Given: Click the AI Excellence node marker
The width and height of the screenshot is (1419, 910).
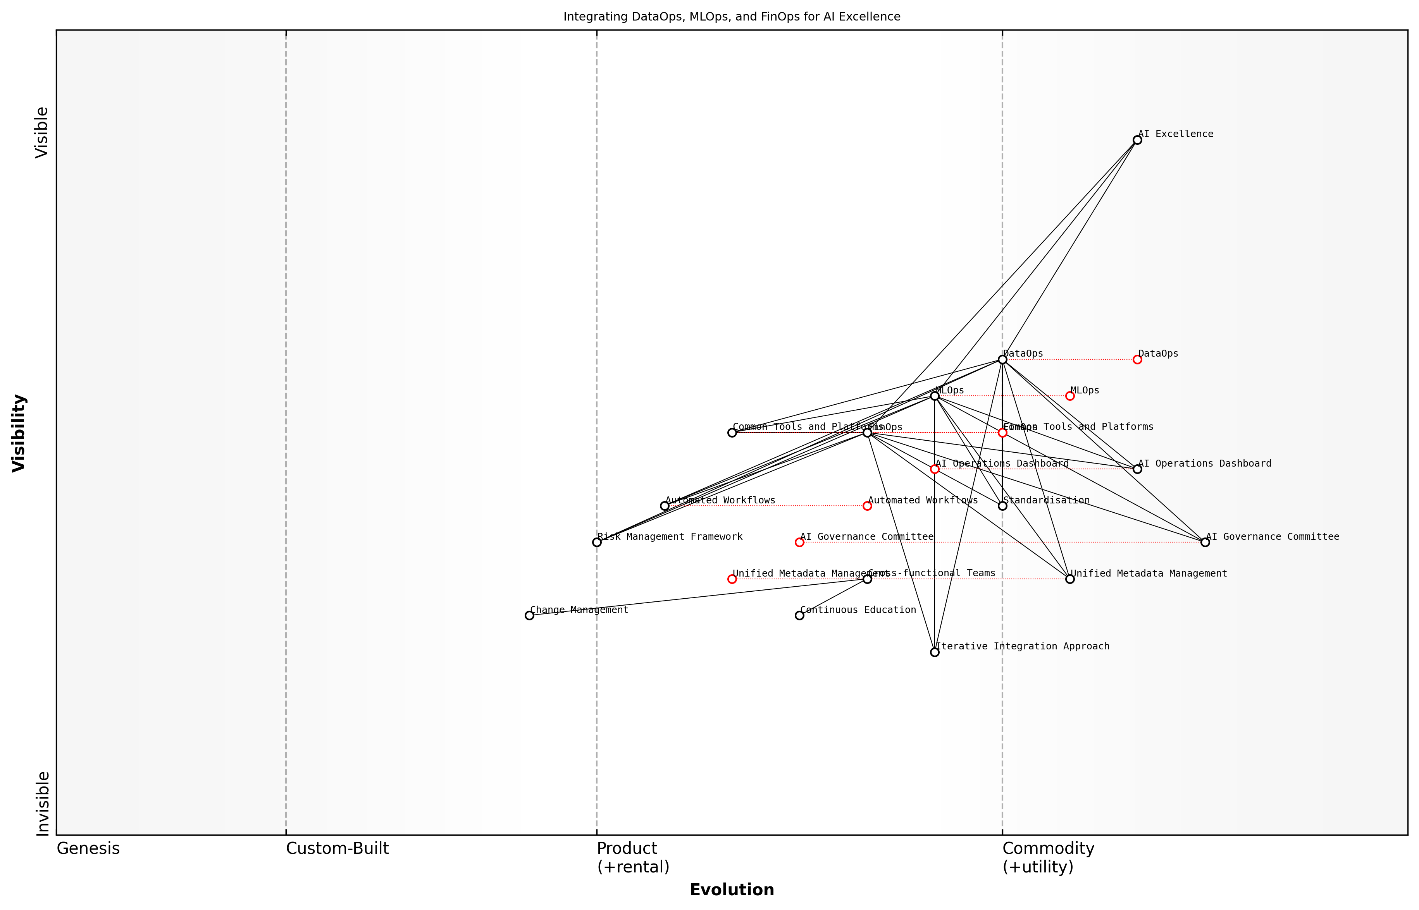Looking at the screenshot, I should click(1137, 140).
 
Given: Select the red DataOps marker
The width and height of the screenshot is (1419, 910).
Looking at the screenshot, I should click(1137, 359).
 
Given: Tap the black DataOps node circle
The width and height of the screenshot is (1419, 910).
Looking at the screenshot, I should click(1002, 359).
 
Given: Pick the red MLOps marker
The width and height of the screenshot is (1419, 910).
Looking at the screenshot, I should click(1069, 396).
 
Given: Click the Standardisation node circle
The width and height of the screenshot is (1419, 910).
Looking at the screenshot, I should click(1002, 506).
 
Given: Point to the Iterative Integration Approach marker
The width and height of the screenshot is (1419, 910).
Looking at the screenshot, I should click(935, 652).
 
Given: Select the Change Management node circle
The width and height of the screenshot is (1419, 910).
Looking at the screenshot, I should click(529, 616).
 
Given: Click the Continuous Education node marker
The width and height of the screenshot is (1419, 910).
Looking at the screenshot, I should click(799, 616).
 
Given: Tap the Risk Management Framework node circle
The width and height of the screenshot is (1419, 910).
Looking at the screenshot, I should click(597, 543).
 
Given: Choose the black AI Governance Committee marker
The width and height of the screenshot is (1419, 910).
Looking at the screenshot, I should click(1205, 543).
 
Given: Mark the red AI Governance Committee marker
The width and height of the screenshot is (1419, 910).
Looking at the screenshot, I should click(799, 543).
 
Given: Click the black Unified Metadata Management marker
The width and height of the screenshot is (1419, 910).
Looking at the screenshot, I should click(1069, 579).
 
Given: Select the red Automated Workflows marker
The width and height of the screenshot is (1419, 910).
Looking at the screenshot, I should click(867, 506).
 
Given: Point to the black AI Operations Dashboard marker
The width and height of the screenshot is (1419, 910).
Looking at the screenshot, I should click(1137, 469).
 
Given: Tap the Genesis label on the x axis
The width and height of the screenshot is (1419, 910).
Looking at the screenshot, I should click(88, 848).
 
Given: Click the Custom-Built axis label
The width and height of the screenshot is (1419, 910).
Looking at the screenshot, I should click(337, 848).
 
